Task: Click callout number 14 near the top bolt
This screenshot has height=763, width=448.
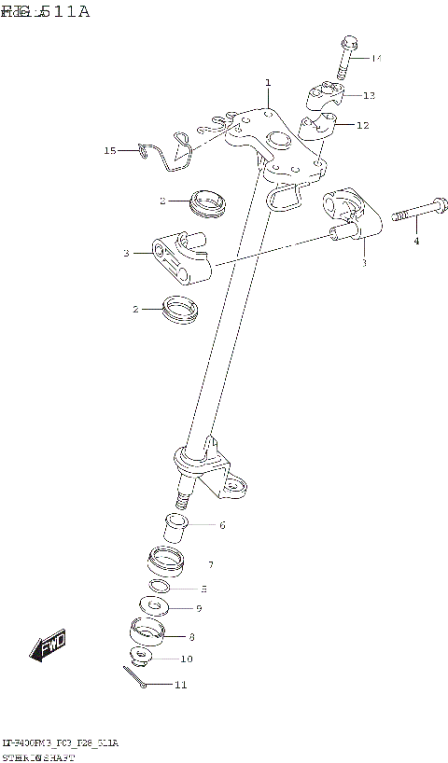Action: coord(376,59)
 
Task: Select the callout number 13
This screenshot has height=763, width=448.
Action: coord(369,95)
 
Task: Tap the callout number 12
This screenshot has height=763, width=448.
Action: coord(362,125)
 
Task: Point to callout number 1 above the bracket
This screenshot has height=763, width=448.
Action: coord(267,83)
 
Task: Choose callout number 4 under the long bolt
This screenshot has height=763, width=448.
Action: coord(416,242)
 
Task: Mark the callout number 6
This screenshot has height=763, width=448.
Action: coord(222,525)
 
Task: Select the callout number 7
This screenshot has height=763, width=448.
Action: coord(211,564)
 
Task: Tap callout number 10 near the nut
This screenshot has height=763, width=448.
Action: coord(187,659)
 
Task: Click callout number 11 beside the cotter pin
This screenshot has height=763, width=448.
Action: coord(180,685)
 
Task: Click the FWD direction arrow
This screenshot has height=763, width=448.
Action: coord(48,646)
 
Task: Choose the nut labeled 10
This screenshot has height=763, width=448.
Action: coord(141,657)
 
